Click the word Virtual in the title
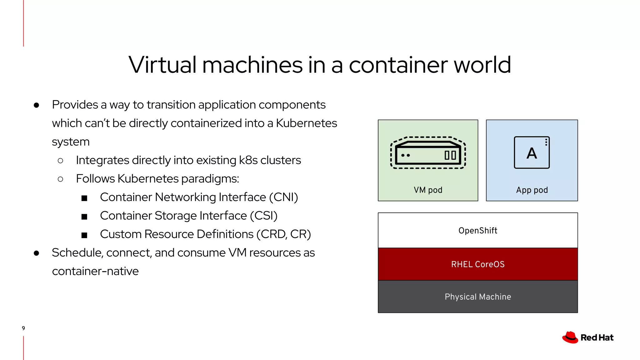(x=162, y=65)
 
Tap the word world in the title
(x=482, y=65)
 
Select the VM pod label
(x=428, y=190)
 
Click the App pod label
(x=532, y=190)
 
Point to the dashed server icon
(x=428, y=153)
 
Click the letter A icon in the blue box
(x=532, y=153)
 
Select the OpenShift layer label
(x=477, y=231)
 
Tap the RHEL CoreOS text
(x=477, y=264)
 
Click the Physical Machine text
(x=477, y=297)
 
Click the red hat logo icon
(x=570, y=337)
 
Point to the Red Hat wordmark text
(x=597, y=338)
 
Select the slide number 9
(x=23, y=328)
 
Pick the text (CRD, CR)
(x=283, y=234)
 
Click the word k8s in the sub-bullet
(x=248, y=160)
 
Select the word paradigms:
(x=210, y=179)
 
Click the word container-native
(x=95, y=271)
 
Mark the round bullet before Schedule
(x=37, y=253)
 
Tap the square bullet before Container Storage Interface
(x=84, y=217)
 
